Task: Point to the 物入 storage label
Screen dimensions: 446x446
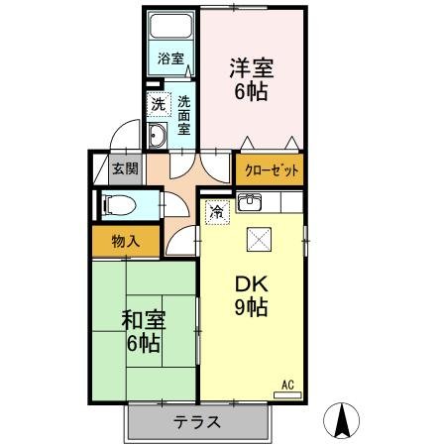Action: (126, 241)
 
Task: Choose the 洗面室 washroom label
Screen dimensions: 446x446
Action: (183, 114)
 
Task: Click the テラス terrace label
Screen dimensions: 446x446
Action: (198, 422)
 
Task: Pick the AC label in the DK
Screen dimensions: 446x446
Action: (288, 384)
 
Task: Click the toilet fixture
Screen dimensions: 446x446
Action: (117, 205)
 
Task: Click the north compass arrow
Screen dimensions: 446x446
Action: (342, 420)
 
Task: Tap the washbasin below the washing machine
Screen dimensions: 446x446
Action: (157, 135)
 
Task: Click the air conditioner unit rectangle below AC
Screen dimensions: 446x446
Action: (286, 393)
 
